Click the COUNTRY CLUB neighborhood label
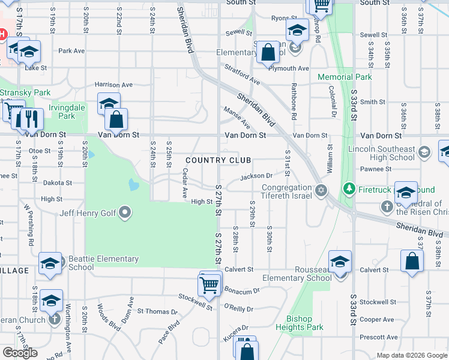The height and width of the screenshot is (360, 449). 218,160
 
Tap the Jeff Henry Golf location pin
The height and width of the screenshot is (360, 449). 125,212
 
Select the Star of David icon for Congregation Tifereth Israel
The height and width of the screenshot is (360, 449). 321,190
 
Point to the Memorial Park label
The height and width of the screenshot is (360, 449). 345,77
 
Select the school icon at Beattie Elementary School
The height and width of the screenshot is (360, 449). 50,263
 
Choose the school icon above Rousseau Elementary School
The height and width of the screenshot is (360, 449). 340,262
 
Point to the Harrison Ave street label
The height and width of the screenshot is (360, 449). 113,85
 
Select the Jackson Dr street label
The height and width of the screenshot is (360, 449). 256,176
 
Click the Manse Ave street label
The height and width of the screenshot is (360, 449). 237,118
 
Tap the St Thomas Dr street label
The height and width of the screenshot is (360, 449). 158,311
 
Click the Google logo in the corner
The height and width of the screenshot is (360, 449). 20,353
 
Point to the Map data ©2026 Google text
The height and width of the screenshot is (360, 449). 412,355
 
